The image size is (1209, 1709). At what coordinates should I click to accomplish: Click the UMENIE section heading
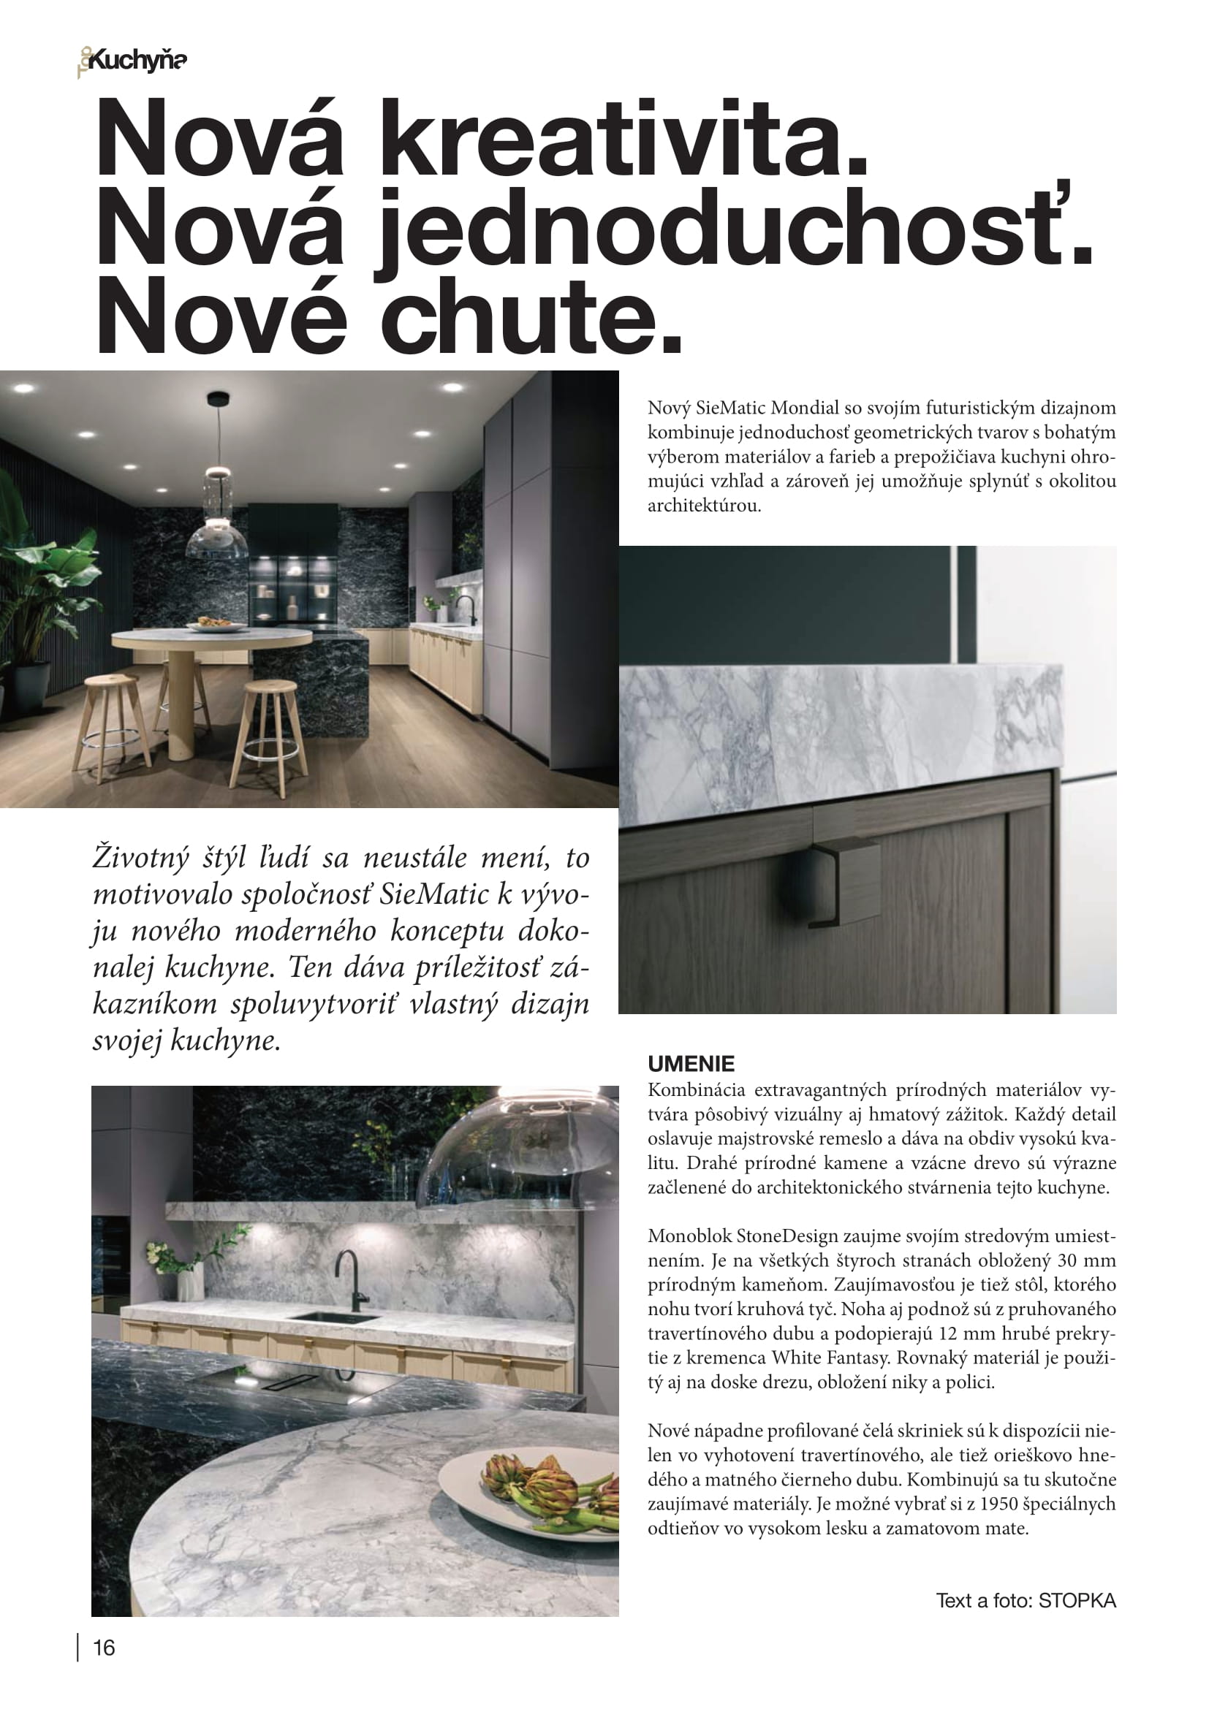691,1063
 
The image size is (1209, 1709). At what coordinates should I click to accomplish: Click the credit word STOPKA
1077,1600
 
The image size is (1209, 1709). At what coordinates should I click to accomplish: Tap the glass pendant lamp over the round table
217,521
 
